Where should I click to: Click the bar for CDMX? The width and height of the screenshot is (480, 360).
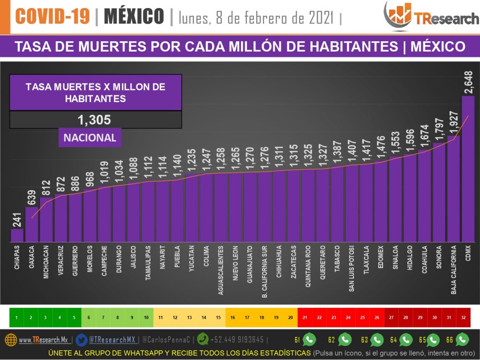click(468, 169)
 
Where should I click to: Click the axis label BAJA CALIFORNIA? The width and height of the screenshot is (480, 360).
click(454, 270)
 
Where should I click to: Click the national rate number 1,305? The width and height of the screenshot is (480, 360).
click(95, 120)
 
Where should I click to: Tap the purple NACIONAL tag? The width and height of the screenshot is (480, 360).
click(90, 138)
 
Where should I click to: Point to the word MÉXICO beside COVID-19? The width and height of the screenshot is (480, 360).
click(134, 16)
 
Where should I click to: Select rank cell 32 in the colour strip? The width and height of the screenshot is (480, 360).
click(464, 317)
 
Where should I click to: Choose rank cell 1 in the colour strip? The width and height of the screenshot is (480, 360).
click(16, 317)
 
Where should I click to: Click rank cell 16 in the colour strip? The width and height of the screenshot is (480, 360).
click(233, 317)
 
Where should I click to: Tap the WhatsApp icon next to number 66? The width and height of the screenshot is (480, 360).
click(462, 339)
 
